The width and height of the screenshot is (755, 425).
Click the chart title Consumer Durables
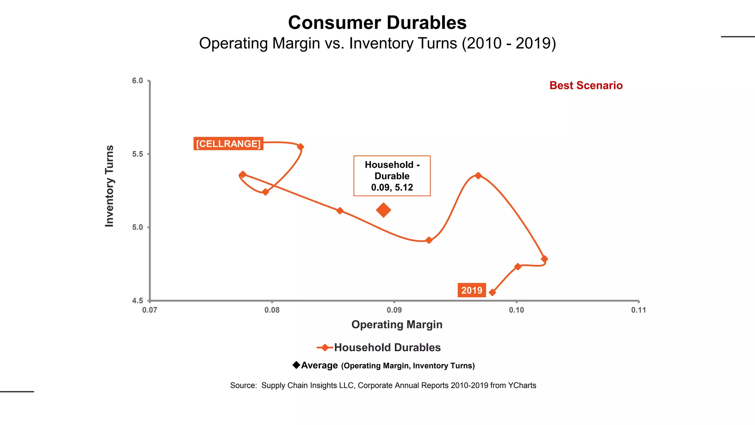pyautogui.click(x=377, y=23)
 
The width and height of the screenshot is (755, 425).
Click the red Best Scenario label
pyautogui.click(x=586, y=86)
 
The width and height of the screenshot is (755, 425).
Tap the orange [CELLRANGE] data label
pyautogui.click(x=228, y=144)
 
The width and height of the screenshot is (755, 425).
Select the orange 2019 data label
pyautogui.click(x=472, y=290)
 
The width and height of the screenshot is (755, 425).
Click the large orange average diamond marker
pyautogui.click(x=383, y=210)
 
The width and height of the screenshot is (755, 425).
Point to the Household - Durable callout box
pyautogui.click(x=392, y=176)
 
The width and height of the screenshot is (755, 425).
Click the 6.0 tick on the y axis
pyautogui.click(x=138, y=81)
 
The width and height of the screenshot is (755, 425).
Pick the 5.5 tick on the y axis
pyautogui.click(x=138, y=154)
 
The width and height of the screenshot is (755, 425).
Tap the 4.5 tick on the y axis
pyautogui.click(x=138, y=301)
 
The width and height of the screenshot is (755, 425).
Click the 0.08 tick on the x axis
pyautogui.click(x=272, y=310)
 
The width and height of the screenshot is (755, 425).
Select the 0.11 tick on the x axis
pyautogui.click(x=639, y=310)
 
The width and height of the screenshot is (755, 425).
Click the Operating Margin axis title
pyautogui.click(x=397, y=325)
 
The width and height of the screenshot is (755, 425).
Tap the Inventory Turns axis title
pyautogui.click(x=109, y=186)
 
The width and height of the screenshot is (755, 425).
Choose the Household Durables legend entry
pyautogui.click(x=387, y=348)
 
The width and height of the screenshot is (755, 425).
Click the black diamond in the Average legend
pyautogui.click(x=296, y=365)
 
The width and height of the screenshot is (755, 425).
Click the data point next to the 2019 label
pyautogui.click(x=492, y=293)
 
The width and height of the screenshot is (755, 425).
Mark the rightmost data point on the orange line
pyautogui.click(x=544, y=259)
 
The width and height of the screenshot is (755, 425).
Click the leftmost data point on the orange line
pyautogui.click(x=242, y=175)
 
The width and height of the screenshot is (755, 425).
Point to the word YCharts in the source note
pyautogui.click(x=522, y=386)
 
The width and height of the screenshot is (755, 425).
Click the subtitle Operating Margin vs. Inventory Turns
pyautogui.click(x=377, y=44)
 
